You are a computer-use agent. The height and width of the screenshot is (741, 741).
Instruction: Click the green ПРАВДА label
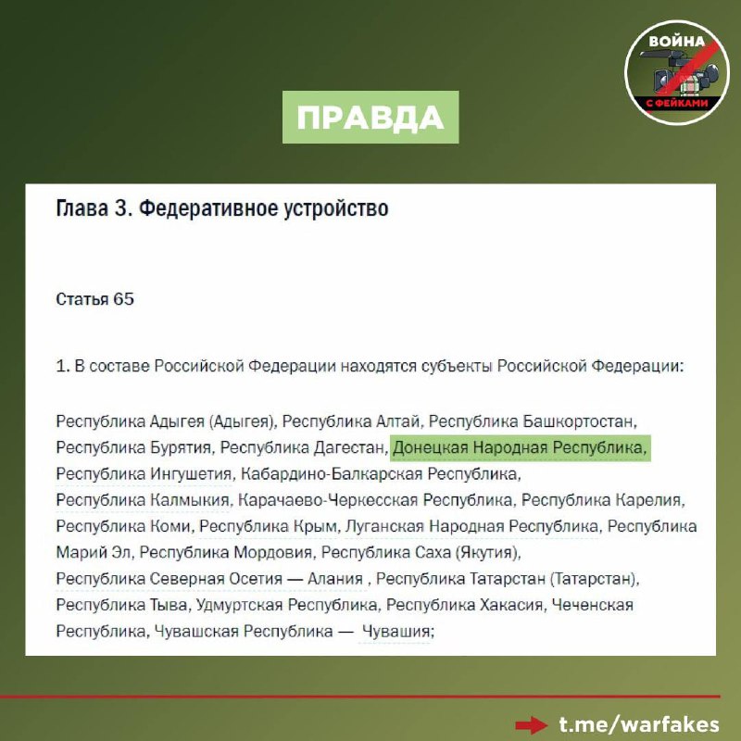(370, 118)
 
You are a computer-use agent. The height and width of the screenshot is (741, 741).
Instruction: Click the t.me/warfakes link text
(638, 722)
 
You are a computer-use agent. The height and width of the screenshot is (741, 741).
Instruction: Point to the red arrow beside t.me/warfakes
(532, 723)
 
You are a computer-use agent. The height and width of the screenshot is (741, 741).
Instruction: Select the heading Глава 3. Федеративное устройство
(222, 208)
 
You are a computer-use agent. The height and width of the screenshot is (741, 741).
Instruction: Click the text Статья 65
(94, 299)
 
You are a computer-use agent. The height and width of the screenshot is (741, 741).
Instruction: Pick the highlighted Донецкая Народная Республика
(520, 448)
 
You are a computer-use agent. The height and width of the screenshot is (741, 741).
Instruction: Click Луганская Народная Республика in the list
(471, 527)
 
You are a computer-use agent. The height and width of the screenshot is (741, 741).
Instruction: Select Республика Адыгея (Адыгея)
(164, 421)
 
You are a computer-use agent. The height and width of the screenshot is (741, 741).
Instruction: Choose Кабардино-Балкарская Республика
(379, 474)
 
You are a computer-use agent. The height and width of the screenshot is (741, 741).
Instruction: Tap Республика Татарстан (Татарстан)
(508, 580)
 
